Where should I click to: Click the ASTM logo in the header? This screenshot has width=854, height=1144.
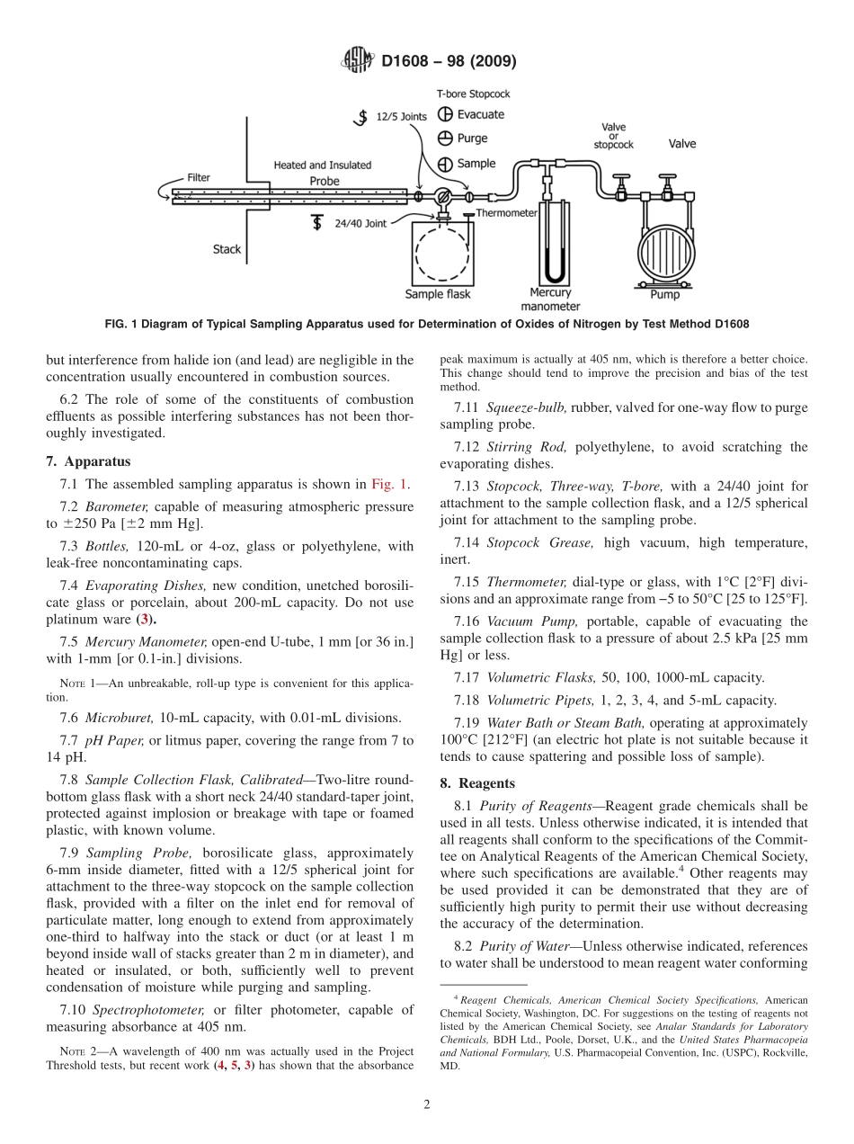tap(359, 62)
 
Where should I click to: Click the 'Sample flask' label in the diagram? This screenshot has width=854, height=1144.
tap(438, 294)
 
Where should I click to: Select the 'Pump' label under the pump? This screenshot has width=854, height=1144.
tap(665, 294)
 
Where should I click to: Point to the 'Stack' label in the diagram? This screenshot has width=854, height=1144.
tap(227, 249)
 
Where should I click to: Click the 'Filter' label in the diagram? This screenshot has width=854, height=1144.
tap(199, 178)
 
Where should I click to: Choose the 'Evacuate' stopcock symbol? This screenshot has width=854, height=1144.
tap(444, 114)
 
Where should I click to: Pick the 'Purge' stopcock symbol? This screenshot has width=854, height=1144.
tap(444, 139)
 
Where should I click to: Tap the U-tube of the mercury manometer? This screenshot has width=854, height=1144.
tap(550, 243)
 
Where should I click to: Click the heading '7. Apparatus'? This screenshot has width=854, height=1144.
tap(88, 461)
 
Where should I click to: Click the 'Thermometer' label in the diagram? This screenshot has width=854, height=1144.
tap(506, 213)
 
